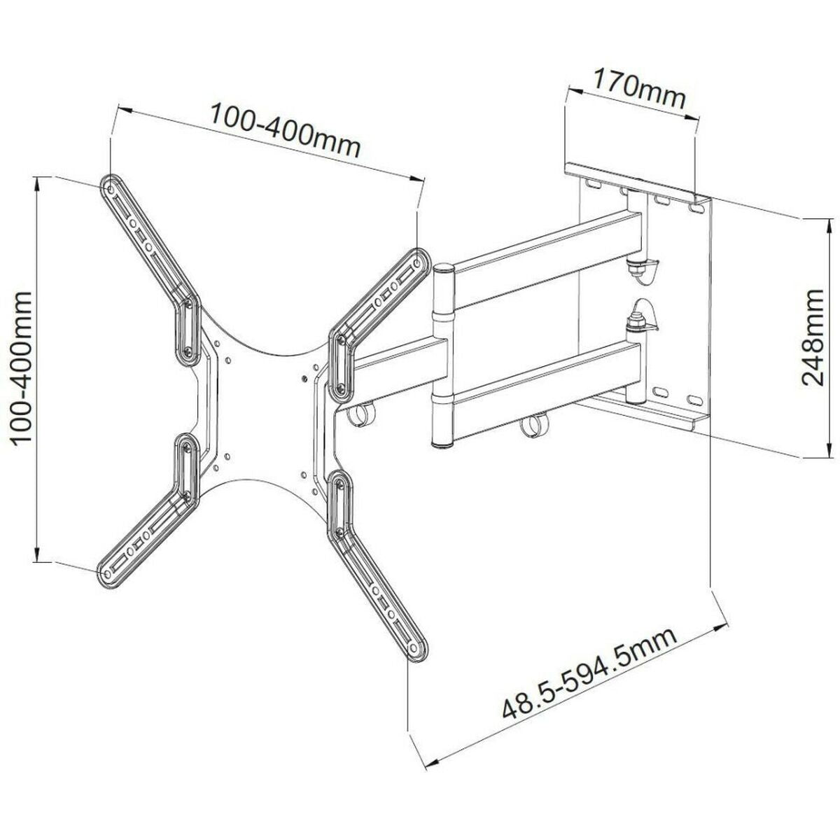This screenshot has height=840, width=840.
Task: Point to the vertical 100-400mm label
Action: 24,367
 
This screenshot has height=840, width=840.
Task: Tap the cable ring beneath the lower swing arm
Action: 536,426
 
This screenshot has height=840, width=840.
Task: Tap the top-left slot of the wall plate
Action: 592,183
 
